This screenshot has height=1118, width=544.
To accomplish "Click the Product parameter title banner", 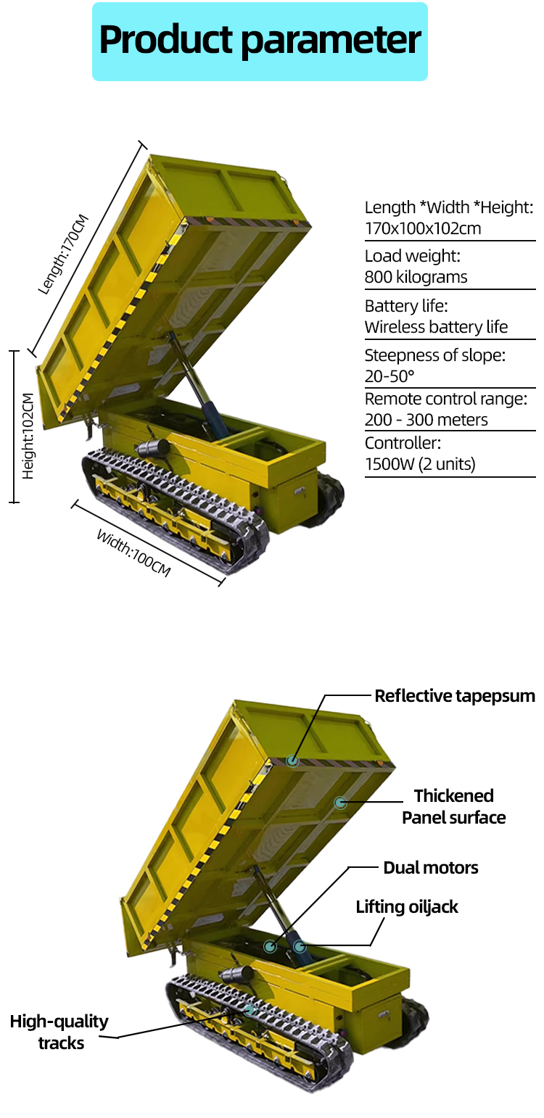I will coord(260,41).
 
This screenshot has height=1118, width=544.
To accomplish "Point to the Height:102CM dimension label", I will coord(28,436).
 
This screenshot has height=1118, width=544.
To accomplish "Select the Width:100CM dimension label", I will coord(133,552).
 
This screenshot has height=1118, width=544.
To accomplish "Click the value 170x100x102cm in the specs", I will coord(423,229).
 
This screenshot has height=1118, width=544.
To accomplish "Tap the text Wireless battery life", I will coord(436,326).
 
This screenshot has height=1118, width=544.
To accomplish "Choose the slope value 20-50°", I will coord(390,376).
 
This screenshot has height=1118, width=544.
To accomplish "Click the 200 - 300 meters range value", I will coord(426,420).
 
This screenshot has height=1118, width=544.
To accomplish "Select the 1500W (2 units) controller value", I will coord(420,464).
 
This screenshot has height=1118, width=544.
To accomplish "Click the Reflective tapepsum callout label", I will coord(455,696).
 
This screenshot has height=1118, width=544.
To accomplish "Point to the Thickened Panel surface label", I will coord(454,806).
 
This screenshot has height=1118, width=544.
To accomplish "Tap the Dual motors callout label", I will coord(431,868).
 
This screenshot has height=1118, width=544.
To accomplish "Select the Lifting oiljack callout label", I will coord(407,907).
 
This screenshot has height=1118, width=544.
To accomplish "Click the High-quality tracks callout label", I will coord(59,1032).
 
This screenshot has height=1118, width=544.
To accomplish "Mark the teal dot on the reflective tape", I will coord(292,761).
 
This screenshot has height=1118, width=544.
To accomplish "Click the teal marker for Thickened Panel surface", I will coord(339,803).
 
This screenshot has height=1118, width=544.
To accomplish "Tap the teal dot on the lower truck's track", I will coord(250,1010).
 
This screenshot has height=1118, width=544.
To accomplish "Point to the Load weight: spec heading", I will coord(412,256).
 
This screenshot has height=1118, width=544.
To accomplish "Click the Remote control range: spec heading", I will coord(445,399).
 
